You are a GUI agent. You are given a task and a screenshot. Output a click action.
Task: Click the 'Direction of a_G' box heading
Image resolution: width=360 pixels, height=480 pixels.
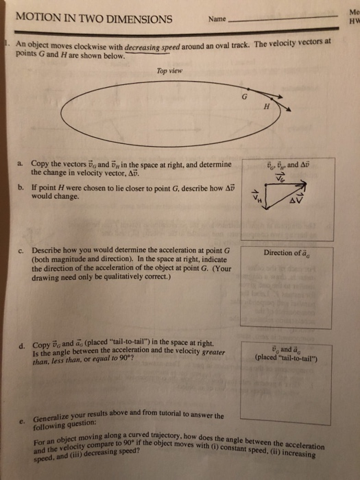pyautogui.click(x=286, y=252)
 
